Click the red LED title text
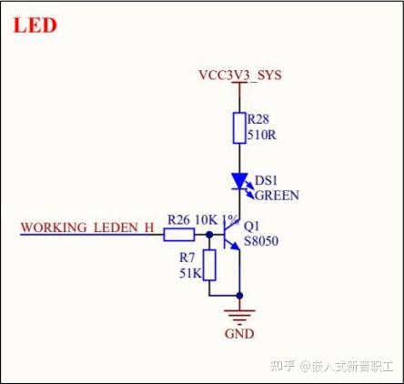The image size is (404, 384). pos(35,25)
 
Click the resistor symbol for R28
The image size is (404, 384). pos(239,126)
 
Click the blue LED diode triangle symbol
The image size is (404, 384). pos(239,181)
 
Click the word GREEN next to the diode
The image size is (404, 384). pos(277,195)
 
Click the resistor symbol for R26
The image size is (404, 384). pos(179,235)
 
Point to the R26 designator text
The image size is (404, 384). pos(178,219)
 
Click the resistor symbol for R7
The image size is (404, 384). pos(209,265)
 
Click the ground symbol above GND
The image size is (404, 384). pos(239,316)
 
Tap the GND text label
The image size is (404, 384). pos(239,334)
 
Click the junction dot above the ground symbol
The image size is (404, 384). pos(239,296)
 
